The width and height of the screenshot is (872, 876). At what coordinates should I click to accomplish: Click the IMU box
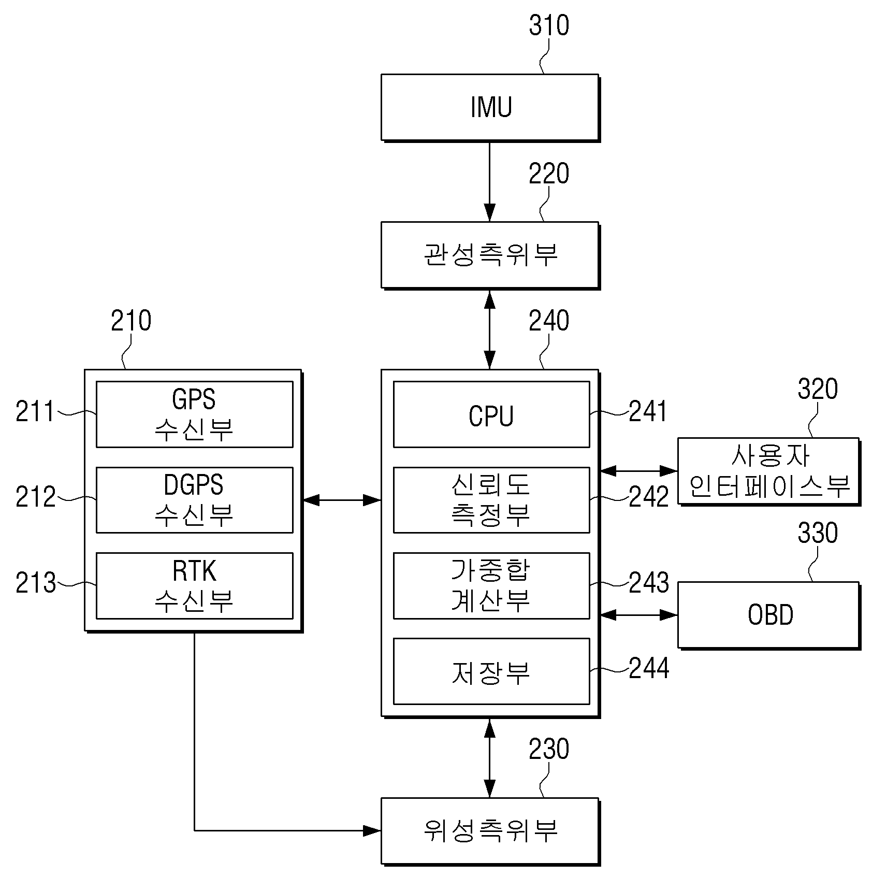pos(490,107)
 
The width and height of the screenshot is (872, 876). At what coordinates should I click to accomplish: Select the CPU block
pos(491,414)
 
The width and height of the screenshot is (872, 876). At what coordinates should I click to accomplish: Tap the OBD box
pos(769,615)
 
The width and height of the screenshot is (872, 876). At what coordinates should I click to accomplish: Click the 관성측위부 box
pos(490,255)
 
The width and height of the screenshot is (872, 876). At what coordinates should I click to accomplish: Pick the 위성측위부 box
pos(490,831)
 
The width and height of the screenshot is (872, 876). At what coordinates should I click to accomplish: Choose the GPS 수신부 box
pos(195,414)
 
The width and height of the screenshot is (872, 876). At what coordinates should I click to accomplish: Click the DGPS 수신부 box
pos(195,500)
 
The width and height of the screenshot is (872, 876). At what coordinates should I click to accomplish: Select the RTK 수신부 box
pos(195,585)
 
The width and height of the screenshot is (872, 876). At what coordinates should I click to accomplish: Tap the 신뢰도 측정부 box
pos(491,500)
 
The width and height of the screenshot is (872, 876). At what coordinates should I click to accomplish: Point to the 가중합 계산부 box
pos(491,585)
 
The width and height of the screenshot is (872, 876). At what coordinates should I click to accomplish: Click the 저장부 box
pos(491,671)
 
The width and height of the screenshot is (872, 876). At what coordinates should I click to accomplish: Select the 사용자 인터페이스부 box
pos(769,471)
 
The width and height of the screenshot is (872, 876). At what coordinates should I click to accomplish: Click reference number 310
pos(549,25)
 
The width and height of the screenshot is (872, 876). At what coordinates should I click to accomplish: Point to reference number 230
pos(549,749)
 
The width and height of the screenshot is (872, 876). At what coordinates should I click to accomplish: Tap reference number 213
pos(36,583)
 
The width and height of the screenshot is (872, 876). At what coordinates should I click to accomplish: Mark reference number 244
pos(649,668)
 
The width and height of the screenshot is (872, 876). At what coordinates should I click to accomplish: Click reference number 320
pos(818,389)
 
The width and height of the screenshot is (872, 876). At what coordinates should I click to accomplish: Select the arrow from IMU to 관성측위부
pos(490,182)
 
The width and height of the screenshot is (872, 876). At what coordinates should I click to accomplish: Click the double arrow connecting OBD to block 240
pos(639,615)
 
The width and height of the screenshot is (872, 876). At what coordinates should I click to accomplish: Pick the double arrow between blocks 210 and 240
pos(342,500)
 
